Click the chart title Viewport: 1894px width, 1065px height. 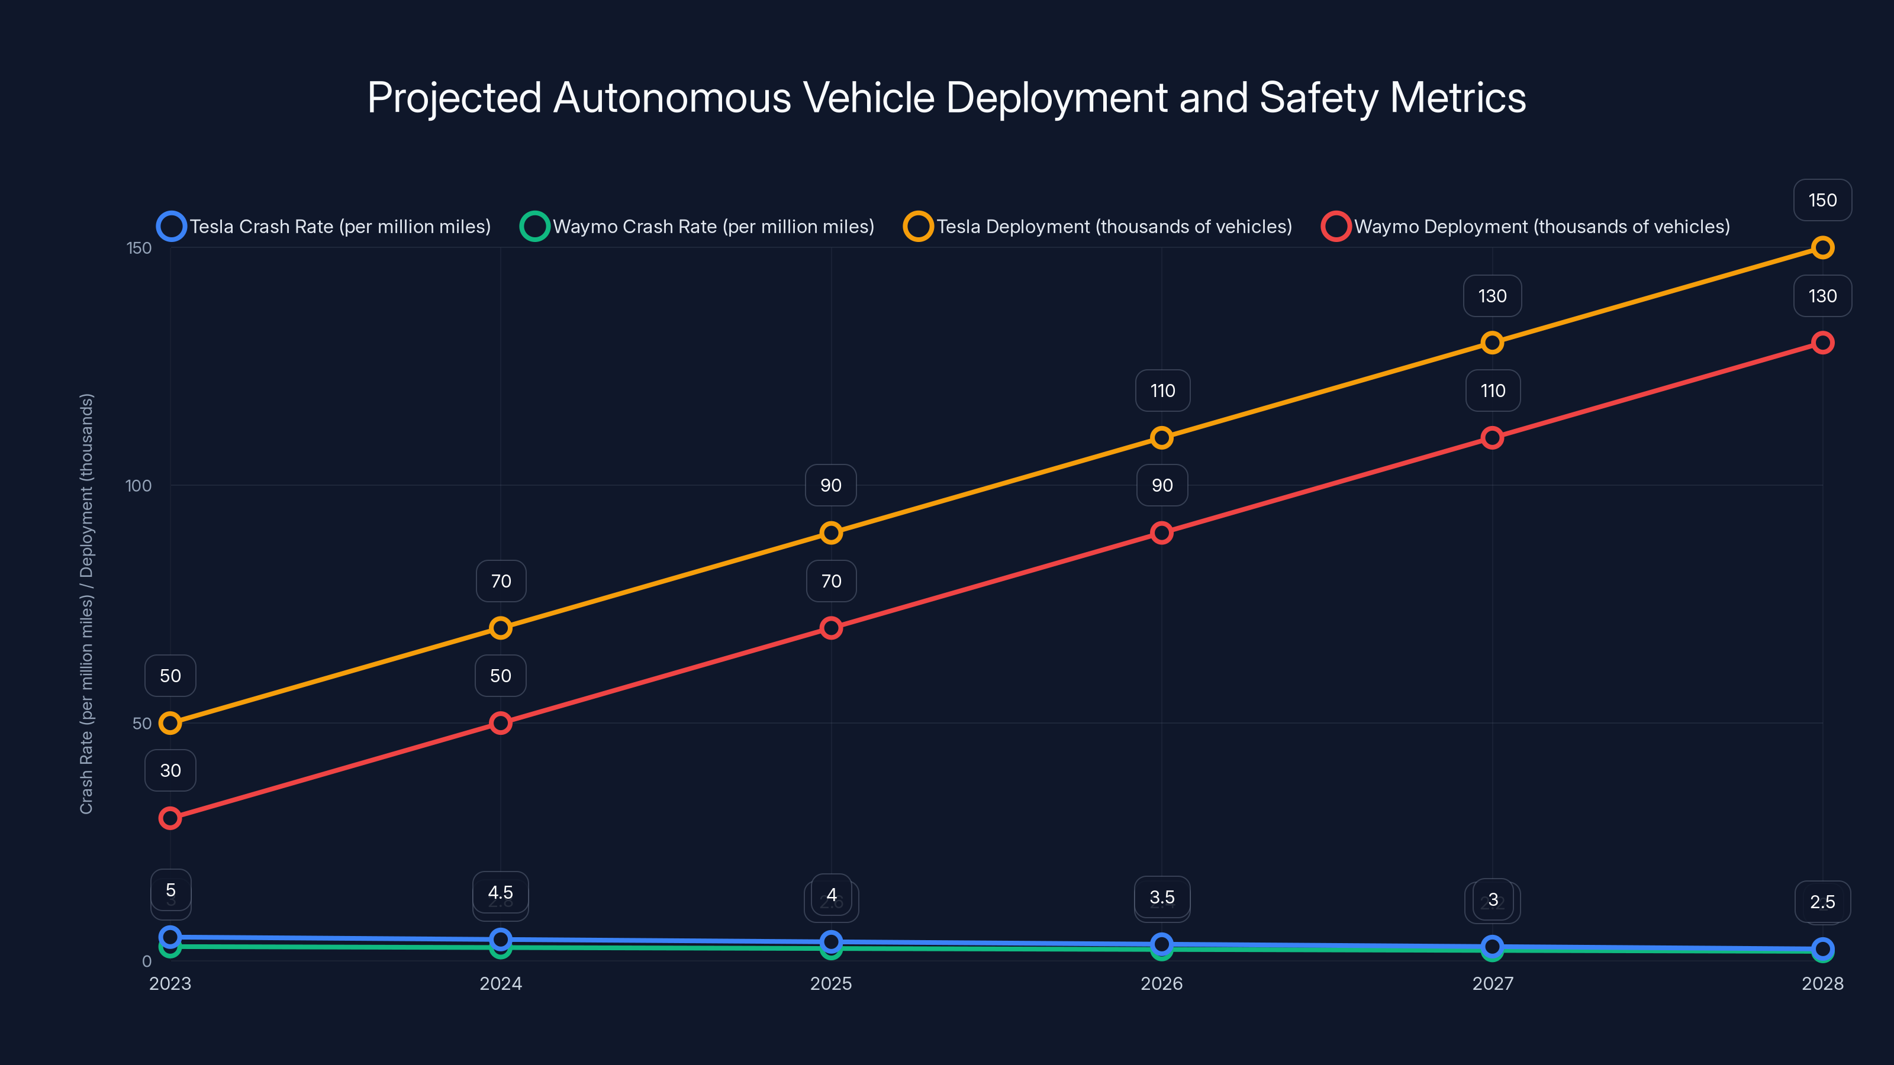coord(946,98)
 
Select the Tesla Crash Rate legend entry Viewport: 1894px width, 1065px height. coord(324,227)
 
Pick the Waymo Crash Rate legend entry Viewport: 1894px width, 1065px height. coord(697,227)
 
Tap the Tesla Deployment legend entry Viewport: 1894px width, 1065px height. coord(1098,227)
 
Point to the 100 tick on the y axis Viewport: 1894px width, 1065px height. coord(138,486)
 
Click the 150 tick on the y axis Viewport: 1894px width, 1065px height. coord(139,248)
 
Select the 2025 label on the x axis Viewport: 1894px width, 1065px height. coord(831,983)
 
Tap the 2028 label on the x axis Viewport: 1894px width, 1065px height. coord(1822,983)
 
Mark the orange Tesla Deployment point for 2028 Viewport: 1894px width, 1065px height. coord(1822,248)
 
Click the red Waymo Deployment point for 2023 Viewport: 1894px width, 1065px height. coord(170,818)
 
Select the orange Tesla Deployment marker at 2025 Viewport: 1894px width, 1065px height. coord(831,533)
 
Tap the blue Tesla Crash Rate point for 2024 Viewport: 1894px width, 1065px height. coord(501,940)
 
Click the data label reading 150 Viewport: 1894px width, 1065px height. coord(1822,200)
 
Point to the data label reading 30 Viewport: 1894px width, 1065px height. coord(170,770)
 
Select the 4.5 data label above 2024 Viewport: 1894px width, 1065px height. coord(501,892)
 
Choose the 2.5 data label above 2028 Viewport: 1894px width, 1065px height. coord(1822,902)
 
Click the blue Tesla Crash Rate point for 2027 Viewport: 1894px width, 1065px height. coord(1492,946)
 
